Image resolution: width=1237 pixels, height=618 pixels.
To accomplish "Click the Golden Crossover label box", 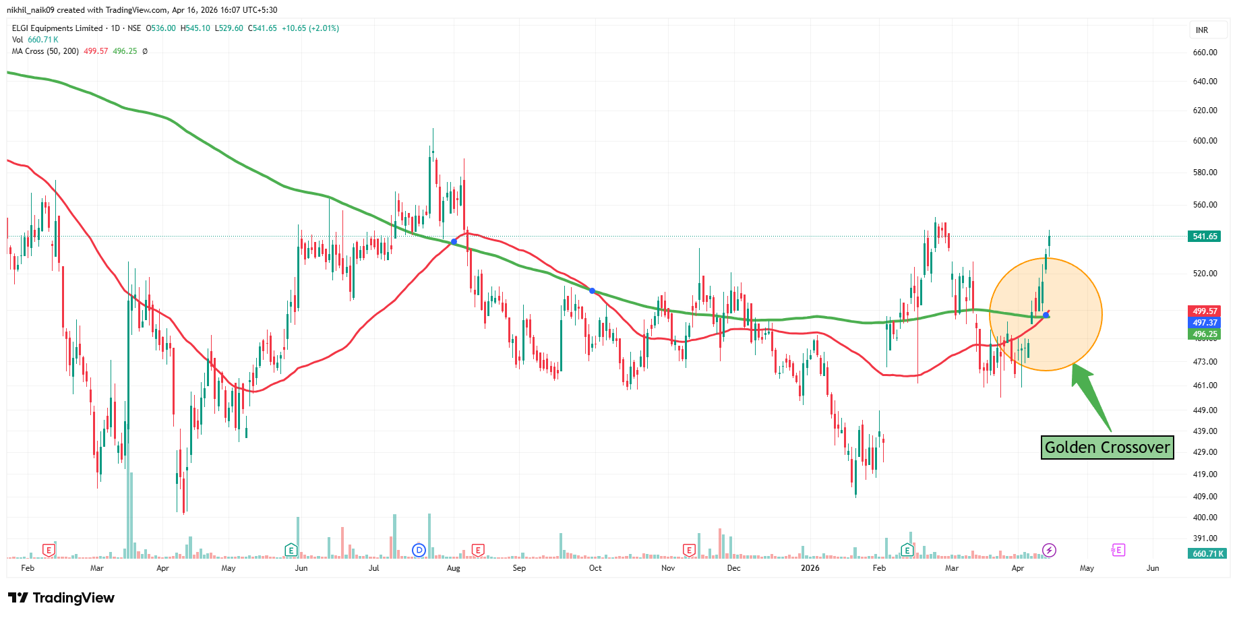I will coord(1107,447).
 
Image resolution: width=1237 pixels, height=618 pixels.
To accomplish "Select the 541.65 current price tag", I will coord(1205,237).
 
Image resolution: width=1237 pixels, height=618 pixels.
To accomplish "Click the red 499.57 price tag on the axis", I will coord(1205,311).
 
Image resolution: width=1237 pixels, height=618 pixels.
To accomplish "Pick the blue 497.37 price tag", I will coord(1205,323).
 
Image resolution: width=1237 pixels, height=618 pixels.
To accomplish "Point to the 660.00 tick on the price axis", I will coord(1205,53).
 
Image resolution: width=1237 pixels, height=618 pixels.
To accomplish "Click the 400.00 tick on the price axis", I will coord(1205,518).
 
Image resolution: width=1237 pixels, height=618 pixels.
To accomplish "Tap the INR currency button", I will coord(1202,30).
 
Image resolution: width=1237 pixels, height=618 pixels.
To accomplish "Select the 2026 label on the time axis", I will coord(810,568).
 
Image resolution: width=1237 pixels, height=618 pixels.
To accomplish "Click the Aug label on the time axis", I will coord(453,568).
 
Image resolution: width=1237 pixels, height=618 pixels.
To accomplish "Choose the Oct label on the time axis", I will coord(595,568).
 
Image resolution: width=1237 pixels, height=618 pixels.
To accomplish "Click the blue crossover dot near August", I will coord(454,241).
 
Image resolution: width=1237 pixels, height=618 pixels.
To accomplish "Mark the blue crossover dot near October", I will coord(592,291).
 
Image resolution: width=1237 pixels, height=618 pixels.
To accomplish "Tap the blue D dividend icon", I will coord(419,551).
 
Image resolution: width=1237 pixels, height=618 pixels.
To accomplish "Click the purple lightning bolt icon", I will coord(1049,551).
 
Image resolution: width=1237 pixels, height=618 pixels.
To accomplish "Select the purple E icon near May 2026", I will coord(1117,551).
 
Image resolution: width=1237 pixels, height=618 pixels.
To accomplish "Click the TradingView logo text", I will coord(61,598).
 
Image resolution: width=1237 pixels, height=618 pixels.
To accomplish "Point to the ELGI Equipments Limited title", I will coord(57,28).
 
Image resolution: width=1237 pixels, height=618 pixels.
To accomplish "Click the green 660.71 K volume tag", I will coord(1205,554).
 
